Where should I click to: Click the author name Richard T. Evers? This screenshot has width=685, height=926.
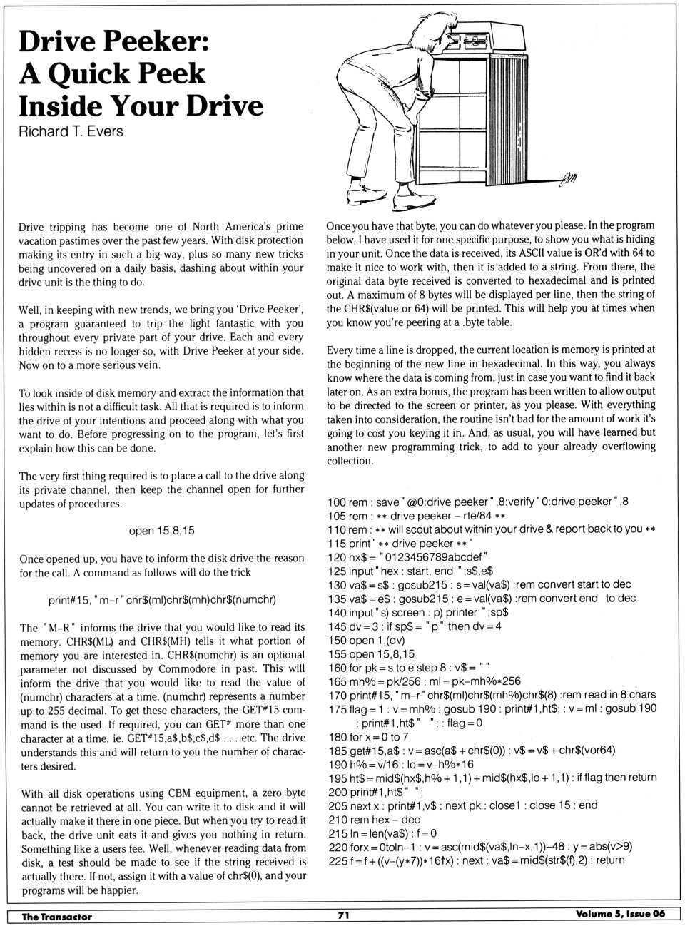click(x=71, y=132)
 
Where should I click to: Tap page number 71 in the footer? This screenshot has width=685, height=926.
click(x=343, y=915)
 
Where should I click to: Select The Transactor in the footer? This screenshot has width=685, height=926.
click(x=56, y=916)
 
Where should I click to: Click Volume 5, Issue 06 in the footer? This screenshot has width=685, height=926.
click(x=620, y=915)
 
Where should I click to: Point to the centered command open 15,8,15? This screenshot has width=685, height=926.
click(x=161, y=531)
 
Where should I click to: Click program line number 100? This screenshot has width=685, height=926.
click(x=337, y=502)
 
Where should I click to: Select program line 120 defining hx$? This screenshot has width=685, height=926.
click(x=407, y=557)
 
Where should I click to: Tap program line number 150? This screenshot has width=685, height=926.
click(x=337, y=640)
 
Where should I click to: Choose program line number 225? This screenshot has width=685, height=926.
click(x=337, y=861)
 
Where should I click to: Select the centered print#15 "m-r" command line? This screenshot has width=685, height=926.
click(x=162, y=600)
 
